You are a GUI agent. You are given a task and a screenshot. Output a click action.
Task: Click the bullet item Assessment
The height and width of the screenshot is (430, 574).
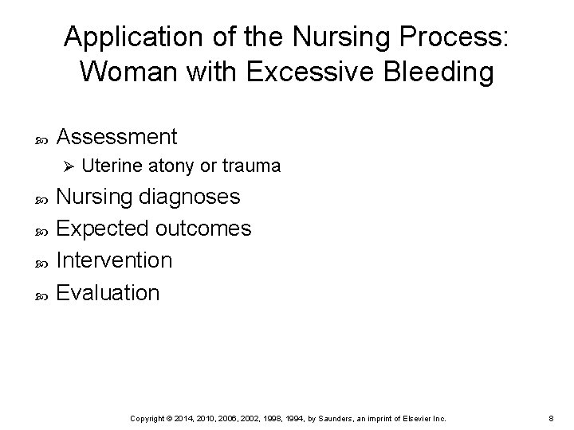(x=118, y=136)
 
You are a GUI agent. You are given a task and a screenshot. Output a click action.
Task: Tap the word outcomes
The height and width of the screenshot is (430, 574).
(x=203, y=229)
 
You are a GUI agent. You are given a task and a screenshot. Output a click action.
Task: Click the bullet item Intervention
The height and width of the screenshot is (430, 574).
(x=115, y=260)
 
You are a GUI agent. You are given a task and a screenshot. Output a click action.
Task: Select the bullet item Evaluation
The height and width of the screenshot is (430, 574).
(x=109, y=292)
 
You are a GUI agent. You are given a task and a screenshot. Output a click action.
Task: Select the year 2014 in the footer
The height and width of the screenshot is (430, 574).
(x=206, y=417)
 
